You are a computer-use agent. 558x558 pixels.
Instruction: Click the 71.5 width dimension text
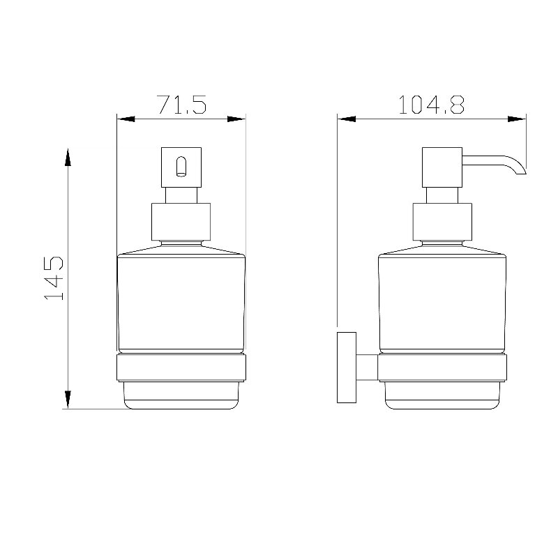[x=182, y=104]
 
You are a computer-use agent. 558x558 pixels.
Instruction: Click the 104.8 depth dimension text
[x=431, y=104]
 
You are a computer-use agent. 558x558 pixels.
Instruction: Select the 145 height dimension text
[x=54, y=278]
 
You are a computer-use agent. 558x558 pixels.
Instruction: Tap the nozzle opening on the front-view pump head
[x=181, y=166]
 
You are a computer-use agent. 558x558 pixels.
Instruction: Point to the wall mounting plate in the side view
[x=347, y=368]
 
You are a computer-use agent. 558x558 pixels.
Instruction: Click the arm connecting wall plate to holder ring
[x=367, y=367]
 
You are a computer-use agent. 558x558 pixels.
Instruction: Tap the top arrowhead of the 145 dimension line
[x=68, y=158]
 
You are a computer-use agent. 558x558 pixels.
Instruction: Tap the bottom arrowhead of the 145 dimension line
[x=68, y=399]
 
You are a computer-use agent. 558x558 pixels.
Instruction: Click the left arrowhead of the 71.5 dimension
[x=126, y=119]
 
